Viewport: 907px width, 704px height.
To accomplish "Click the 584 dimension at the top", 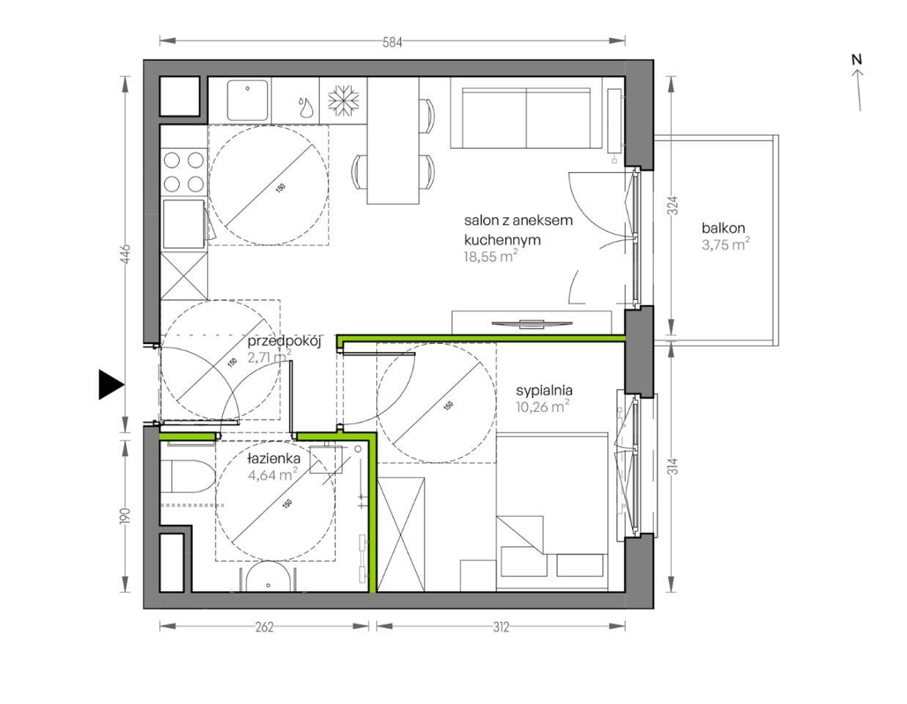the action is tap(392, 42).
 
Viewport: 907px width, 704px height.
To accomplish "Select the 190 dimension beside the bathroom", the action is tap(125, 516).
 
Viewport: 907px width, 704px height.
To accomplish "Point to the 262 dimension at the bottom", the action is tap(264, 627).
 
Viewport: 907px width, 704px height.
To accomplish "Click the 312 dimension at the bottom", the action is tap(501, 627).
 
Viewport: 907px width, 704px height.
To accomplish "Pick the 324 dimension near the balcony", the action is tap(673, 206).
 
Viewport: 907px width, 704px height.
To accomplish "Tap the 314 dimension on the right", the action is tap(673, 466).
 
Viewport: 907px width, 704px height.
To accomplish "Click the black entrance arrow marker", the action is tap(111, 385).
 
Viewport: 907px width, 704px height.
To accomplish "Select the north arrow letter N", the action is tap(856, 59).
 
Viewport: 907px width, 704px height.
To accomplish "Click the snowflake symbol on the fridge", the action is tap(343, 100).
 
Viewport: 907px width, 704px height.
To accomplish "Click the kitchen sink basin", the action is tap(247, 100).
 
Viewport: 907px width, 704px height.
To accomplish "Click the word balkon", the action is tap(723, 228).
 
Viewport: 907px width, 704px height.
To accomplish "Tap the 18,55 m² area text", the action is tap(491, 256).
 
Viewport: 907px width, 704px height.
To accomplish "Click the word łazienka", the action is tap(273, 458).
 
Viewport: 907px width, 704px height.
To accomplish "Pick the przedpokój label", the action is tap(284, 342).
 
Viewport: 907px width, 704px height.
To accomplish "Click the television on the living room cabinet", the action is tap(532, 323).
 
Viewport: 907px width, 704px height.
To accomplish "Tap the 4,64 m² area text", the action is tap(273, 475).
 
